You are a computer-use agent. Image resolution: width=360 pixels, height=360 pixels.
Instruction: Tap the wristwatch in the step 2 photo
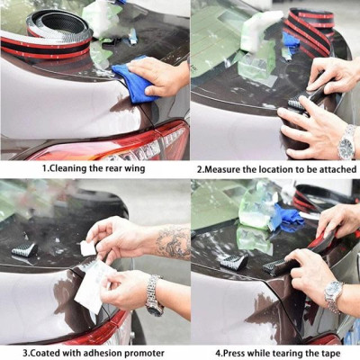(346, 141)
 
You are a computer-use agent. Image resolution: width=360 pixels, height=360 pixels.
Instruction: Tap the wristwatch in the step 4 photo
(334, 292)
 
